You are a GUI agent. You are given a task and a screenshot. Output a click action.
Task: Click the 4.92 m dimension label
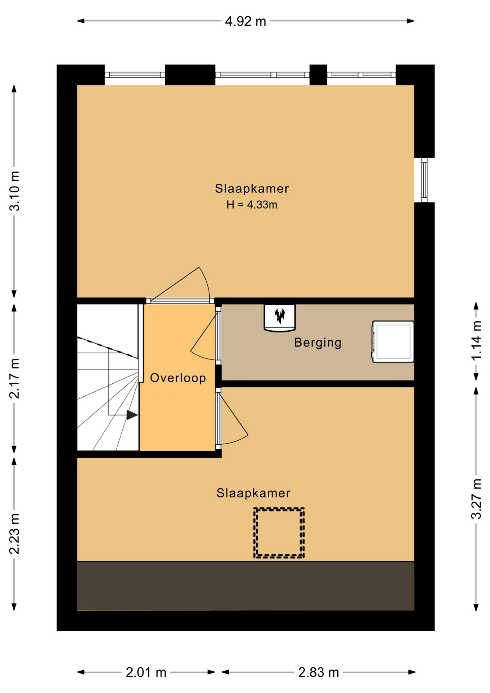pos(245,22)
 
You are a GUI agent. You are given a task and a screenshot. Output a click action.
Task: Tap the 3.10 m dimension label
pos(15,191)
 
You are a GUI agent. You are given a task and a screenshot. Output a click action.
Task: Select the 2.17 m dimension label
pos(15,379)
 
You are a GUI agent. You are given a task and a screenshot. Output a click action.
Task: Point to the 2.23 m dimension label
pos(15,534)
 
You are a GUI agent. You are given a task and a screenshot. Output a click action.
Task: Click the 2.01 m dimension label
pos(146,672)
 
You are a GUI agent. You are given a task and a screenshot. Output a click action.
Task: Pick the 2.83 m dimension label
pos(319,672)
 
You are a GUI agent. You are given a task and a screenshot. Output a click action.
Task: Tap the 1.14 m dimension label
pos(476,340)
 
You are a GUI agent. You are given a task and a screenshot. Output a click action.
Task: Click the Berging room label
pos(318,343)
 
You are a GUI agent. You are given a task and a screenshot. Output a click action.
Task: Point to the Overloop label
pos(178,378)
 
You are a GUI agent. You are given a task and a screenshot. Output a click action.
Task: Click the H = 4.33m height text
pos(252,205)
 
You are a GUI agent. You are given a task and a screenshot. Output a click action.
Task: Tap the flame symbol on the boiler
pos(280,315)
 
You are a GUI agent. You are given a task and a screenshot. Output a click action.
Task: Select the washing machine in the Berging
pos(393,341)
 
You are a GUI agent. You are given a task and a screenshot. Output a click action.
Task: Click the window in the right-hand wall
pos(424,180)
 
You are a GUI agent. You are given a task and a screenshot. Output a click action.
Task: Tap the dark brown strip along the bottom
pos(245,586)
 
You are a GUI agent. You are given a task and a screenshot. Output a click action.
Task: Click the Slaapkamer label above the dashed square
pos(253,493)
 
